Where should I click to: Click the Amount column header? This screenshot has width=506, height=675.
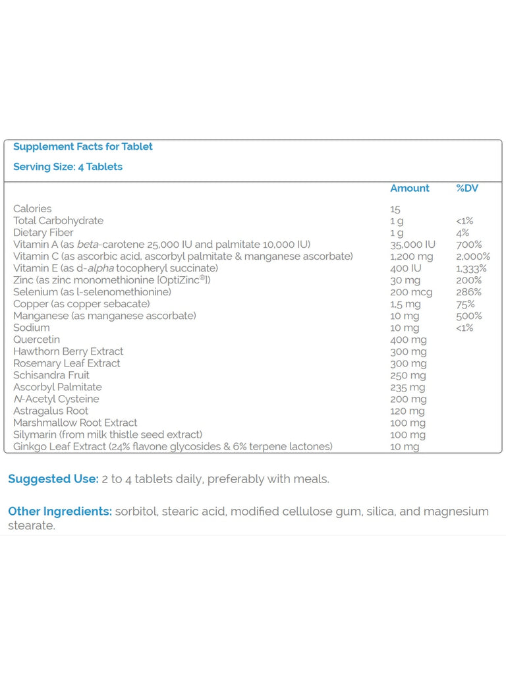click(x=409, y=189)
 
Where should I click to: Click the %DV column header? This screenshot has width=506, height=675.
click(x=467, y=189)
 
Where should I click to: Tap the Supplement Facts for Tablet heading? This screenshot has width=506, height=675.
click(x=83, y=146)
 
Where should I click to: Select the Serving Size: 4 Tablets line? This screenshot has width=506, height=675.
click(x=68, y=167)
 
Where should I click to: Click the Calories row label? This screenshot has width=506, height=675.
click(x=32, y=209)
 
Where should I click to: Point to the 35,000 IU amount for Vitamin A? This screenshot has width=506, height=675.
click(x=412, y=245)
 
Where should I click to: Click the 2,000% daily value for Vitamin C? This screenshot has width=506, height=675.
click(x=473, y=256)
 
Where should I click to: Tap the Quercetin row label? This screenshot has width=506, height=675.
click(x=36, y=339)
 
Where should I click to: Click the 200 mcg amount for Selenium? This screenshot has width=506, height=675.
click(x=412, y=292)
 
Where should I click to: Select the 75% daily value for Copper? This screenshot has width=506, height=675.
click(x=465, y=304)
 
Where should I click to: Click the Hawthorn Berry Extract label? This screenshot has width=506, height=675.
click(x=69, y=351)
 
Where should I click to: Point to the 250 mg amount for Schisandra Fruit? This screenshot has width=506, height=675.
click(x=408, y=375)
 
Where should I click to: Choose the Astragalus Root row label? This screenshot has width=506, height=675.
click(x=51, y=411)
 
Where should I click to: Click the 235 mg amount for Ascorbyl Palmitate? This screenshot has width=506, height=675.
click(x=408, y=387)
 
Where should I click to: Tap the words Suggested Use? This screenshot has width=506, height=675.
click(x=53, y=479)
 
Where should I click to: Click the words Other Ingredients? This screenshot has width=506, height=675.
click(x=59, y=512)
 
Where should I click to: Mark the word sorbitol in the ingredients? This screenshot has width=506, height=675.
click(x=136, y=512)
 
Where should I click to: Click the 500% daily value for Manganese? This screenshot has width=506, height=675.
click(x=468, y=316)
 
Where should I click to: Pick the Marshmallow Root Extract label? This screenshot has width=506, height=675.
click(x=75, y=423)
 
